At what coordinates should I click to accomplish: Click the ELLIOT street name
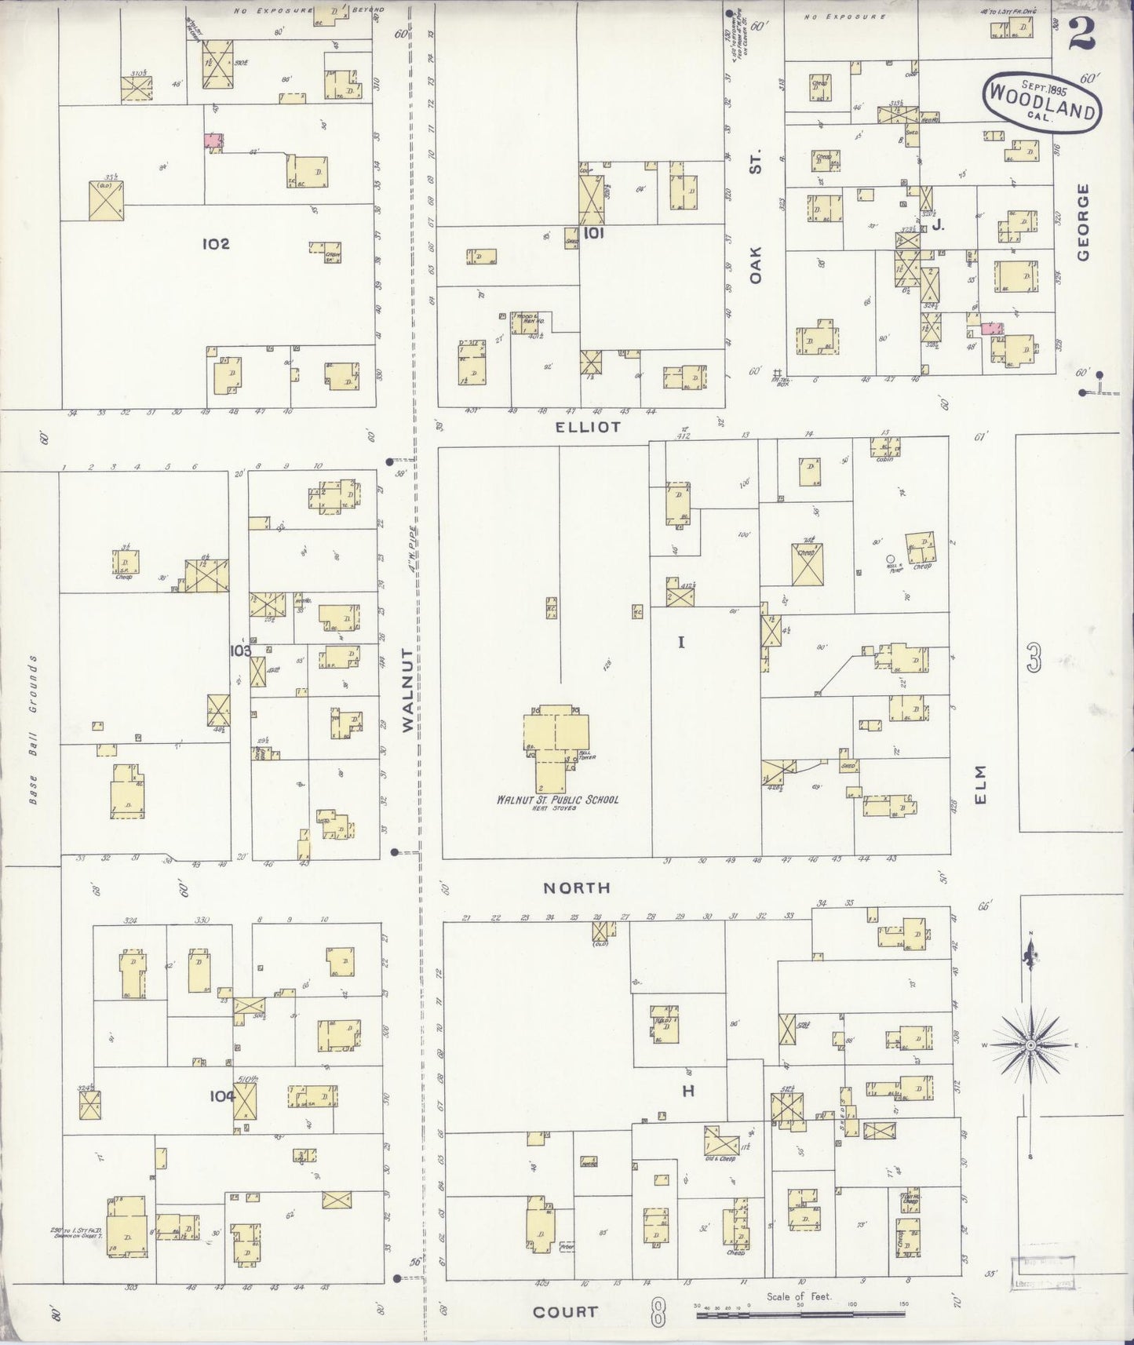click(x=588, y=428)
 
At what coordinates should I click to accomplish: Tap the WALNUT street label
click(x=407, y=691)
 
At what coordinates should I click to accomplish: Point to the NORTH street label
click(x=577, y=888)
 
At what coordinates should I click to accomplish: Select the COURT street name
click(x=565, y=1311)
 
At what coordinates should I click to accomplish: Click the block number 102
click(x=215, y=244)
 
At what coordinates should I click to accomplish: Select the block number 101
click(x=593, y=233)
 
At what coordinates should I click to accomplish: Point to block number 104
click(x=222, y=1096)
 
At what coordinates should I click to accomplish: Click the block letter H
click(x=688, y=1090)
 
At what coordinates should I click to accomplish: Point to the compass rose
click(x=1030, y=1045)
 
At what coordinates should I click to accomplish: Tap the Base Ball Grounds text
click(x=34, y=730)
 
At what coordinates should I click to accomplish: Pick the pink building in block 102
click(x=213, y=140)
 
